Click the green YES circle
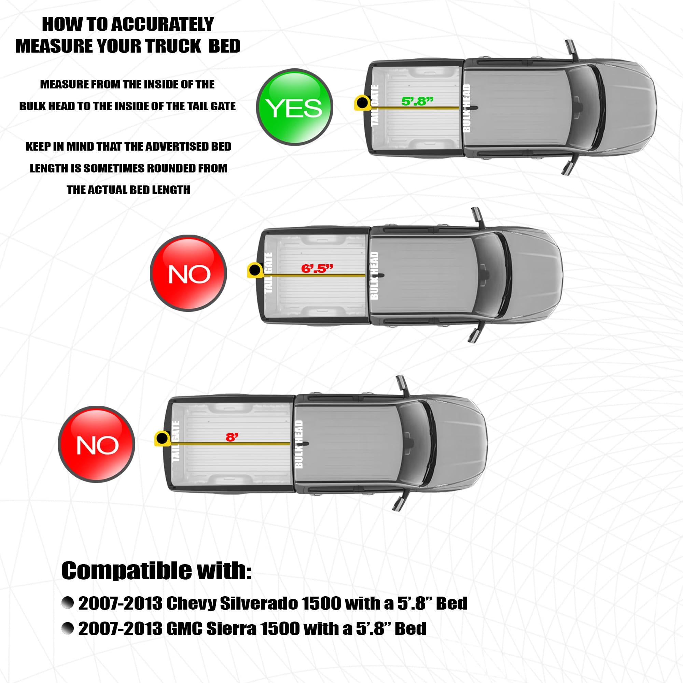(x=294, y=107)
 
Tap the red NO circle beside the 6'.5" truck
(x=189, y=273)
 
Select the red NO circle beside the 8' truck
(x=97, y=444)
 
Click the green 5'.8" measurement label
(x=417, y=101)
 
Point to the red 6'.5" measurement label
(x=317, y=269)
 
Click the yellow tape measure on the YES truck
(x=362, y=103)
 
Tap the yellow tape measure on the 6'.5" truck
(x=255, y=270)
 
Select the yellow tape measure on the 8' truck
(x=162, y=439)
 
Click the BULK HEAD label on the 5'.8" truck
(x=466, y=108)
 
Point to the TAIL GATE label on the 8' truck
(x=176, y=441)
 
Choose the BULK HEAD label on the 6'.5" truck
(x=374, y=276)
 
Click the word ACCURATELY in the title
(x=163, y=24)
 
